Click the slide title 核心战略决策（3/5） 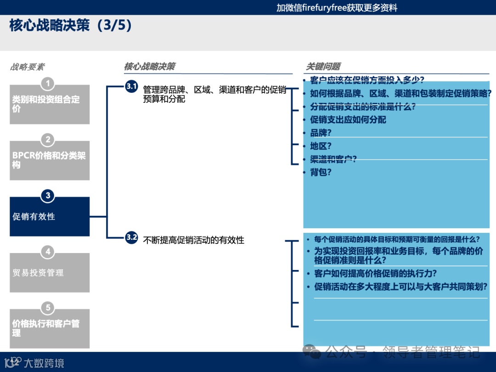71,25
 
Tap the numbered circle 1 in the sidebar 48,84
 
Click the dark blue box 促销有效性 50,216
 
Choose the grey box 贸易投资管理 50,273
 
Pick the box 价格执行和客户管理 50,328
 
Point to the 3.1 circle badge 131,86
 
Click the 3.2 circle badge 131,237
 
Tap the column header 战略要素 28,67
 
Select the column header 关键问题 323,67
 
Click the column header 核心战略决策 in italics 149,67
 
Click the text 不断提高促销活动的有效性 193,240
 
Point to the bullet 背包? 321,172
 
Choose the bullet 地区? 321,146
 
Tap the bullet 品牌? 321,133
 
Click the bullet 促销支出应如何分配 348,120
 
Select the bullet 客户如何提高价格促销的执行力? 375,273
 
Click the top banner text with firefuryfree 337,7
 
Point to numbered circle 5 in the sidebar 48,308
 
